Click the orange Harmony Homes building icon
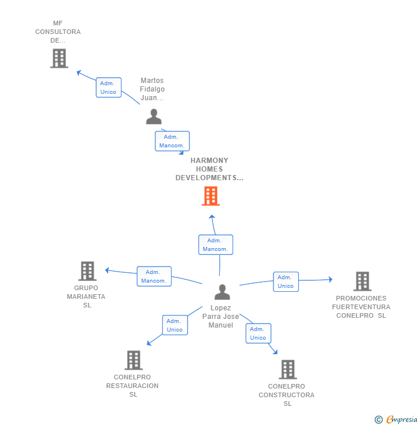point(211,196)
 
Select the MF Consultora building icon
point(59,58)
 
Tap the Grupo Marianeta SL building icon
point(87,271)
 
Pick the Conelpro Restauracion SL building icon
point(134,360)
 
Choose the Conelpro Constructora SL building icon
point(288,370)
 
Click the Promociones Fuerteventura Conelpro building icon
point(363,281)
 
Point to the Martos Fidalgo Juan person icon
point(154,116)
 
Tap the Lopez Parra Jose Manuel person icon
point(222,292)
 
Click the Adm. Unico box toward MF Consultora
point(109,88)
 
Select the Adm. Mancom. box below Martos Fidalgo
point(172,141)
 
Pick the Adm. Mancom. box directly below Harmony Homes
point(216,245)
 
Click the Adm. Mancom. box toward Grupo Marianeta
point(154,276)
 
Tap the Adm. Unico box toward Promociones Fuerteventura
point(285,282)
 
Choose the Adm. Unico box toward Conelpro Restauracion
point(175,325)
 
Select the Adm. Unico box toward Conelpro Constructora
point(258,333)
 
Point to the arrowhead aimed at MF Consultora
point(79,73)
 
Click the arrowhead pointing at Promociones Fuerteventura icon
point(330,279)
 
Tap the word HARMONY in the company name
point(209,160)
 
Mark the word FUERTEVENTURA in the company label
point(361,307)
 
